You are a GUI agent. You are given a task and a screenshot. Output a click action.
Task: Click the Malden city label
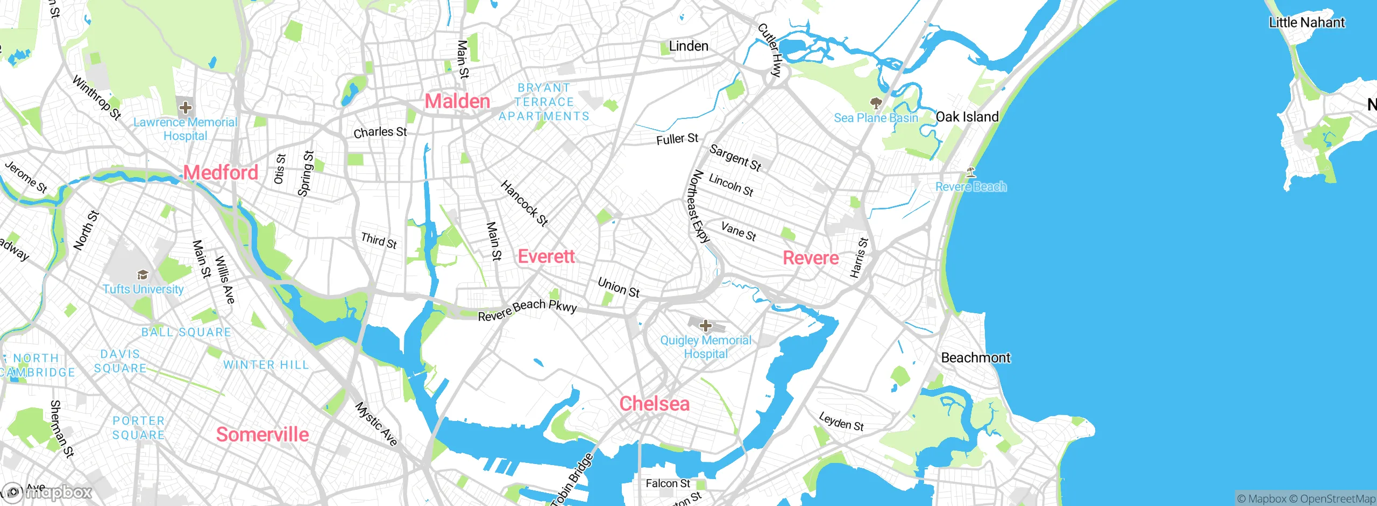pyautogui.click(x=457, y=101)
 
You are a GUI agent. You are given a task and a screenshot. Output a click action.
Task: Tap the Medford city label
pyautogui.click(x=221, y=173)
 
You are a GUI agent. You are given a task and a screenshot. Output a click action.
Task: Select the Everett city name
pyautogui.click(x=546, y=256)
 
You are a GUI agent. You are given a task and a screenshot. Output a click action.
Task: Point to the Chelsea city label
pyautogui.click(x=654, y=404)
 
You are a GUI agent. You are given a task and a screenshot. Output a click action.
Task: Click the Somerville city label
pyautogui.click(x=262, y=434)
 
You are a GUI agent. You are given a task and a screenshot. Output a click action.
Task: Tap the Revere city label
pyautogui.click(x=811, y=258)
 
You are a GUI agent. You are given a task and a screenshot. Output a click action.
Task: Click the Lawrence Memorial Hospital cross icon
pyautogui.click(x=185, y=108)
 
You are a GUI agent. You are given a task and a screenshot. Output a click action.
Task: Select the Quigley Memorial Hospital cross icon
pyautogui.click(x=705, y=326)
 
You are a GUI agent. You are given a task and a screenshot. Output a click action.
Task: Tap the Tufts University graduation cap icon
pyautogui.click(x=143, y=275)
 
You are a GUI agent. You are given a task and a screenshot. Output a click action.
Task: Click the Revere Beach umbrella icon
pyautogui.click(x=970, y=173)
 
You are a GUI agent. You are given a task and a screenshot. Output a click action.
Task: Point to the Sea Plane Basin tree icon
pyautogui.click(x=876, y=103)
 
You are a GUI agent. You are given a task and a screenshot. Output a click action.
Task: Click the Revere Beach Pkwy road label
pyautogui.click(x=527, y=310)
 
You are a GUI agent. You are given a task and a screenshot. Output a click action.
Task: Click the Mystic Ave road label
pyautogui.click(x=377, y=424)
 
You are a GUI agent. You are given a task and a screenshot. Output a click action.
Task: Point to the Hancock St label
pyautogui.click(x=524, y=203)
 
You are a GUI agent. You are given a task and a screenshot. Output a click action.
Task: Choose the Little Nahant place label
pyautogui.click(x=1306, y=23)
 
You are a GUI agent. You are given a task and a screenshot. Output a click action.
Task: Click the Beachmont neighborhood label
pyautogui.click(x=975, y=358)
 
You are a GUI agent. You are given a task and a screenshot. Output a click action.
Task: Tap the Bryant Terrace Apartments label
pyautogui.click(x=544, y=102)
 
